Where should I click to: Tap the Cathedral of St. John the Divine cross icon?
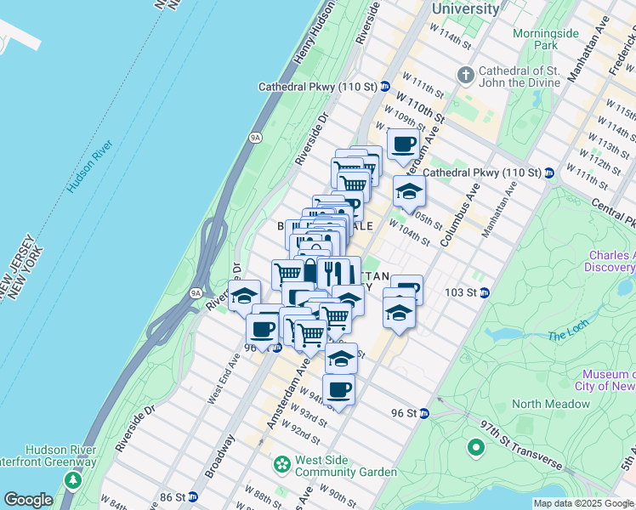(x=465, y=76)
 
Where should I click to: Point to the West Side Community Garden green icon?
(x=281, y=465)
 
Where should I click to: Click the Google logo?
(x=28, y=500)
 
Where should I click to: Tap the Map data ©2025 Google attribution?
(x=583, y=503)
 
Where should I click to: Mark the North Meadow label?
(x=551, y=404)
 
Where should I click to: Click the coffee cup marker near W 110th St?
(x=404, y=144)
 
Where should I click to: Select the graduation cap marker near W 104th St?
(x=409, y=191)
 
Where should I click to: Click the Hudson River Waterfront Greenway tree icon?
(x=73, y=481)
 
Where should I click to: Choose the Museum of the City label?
(x=607, y=381)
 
